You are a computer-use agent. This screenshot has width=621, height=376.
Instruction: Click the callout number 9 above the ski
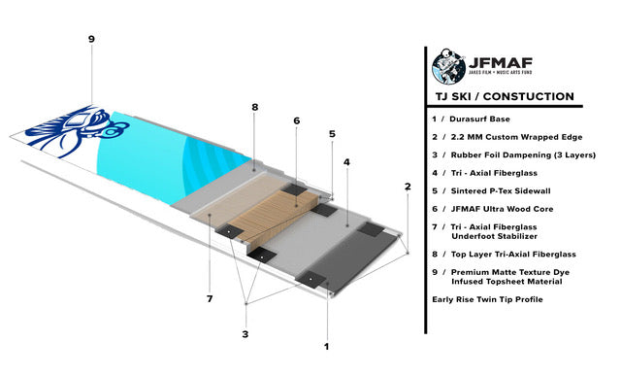[x=91, y=40]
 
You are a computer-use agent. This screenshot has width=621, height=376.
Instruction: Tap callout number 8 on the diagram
[x=254, y=107]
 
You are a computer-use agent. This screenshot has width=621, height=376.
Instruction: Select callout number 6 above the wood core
[x=297, y=121]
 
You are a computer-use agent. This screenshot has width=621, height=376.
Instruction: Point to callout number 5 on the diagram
[x=332, y=134]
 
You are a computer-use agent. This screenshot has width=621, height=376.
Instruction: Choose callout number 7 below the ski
[x=209, y=298]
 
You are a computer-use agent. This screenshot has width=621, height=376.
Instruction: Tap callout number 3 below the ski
[x=245, y=334]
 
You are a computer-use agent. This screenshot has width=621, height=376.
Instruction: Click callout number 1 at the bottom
[x=327, y=345]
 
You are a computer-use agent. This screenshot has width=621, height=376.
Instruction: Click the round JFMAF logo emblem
[x=448, y=67]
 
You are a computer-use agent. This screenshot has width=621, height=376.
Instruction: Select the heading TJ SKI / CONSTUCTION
[x=503, y=97]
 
